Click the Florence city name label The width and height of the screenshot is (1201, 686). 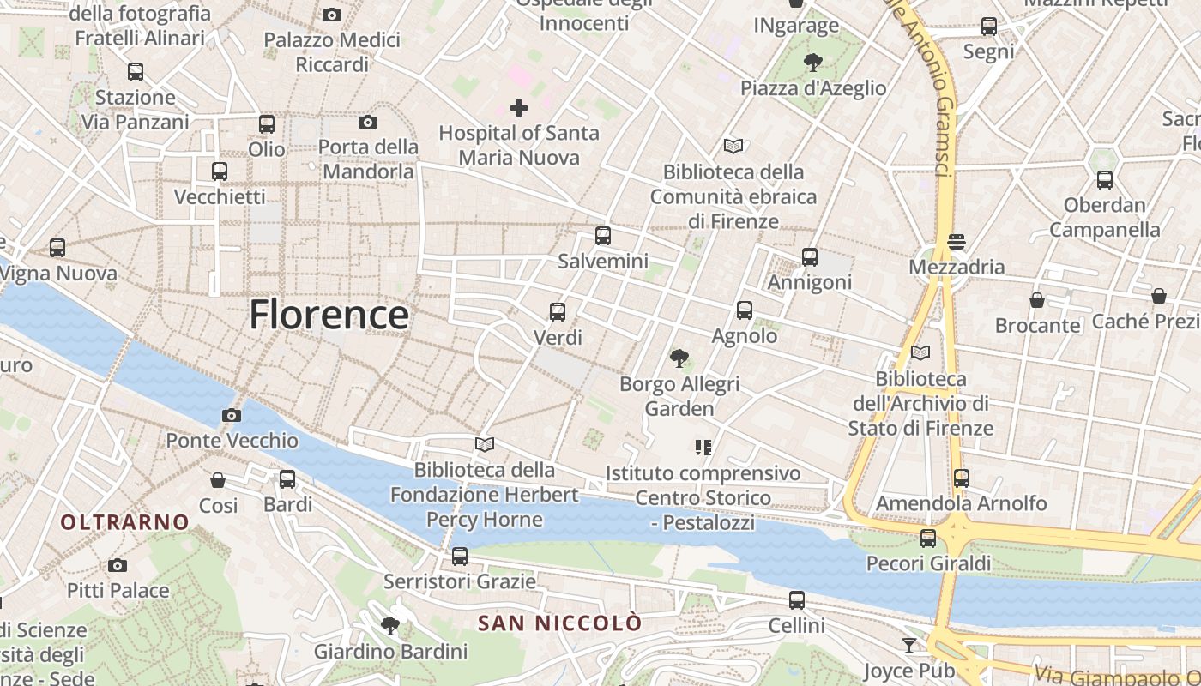[329, 315]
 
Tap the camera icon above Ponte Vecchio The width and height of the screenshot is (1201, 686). [231, 416]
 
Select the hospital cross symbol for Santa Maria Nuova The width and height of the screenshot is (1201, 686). [519, 108]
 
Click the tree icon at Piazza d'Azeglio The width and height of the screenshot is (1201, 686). [812, 63]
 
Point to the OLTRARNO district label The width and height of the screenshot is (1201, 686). [124, 521]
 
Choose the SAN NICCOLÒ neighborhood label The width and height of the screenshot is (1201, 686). [559, 623]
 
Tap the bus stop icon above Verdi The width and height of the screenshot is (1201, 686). [558, 312]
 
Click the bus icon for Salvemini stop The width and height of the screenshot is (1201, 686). [603, 236]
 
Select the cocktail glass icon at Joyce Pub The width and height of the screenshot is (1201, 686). [909, 646]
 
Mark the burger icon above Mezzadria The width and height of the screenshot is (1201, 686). [957, 242]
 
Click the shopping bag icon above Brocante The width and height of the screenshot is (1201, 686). [1037, 300]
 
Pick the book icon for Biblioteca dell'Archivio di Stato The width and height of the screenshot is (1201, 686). [920, 352]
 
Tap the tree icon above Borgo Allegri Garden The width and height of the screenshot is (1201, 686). [679, 358]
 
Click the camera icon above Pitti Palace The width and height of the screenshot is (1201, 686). [118, 566]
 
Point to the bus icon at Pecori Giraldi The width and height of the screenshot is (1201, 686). [927, 539]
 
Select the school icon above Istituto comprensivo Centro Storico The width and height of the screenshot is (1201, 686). [703, 448]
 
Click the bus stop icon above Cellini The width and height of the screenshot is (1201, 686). [797, 600]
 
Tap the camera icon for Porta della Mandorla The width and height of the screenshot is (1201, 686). [368, 123]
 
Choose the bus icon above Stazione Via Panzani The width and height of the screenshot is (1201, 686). [136, 72]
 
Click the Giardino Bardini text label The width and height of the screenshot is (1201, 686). [390, 651]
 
